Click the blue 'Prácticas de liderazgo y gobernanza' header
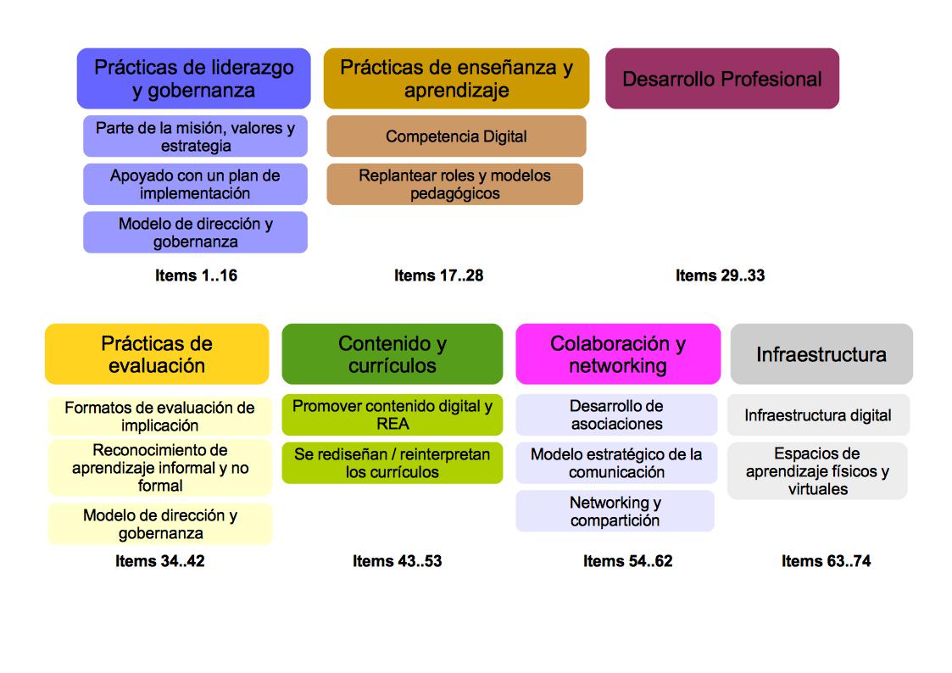(193, 78)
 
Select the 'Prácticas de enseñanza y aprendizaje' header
(457, 78)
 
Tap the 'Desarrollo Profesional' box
(722, 78)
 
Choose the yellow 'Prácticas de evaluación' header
(157, 353)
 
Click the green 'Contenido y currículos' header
(392, 353)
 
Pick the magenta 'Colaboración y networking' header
(618, 353)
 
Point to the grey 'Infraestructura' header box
(821, 353)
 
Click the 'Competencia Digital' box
(457, 136)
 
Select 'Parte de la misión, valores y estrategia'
(196, 136)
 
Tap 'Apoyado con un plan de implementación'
(196, 184)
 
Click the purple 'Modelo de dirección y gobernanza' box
(196, 232)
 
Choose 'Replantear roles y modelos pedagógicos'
(454, 184)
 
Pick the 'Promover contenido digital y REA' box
(392, 414)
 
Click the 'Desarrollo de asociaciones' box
(616, 414)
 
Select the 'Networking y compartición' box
(615, 511)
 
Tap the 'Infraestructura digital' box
(818, 414)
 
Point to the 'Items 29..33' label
(720, 275)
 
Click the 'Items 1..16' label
(196, 275)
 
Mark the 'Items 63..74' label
(826, 561)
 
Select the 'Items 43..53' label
(397, 561)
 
